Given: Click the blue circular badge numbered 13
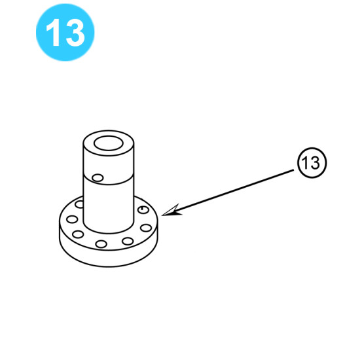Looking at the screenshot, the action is click(x=65, y=32).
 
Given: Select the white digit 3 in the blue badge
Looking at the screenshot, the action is click(x=75, y=32).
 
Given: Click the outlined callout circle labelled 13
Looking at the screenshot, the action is click(x=312, y=162).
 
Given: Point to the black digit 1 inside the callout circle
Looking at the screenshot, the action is click(x=305, y=162).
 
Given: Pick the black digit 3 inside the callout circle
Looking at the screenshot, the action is click(x=315, y=162).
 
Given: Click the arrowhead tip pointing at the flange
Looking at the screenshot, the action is click(x=162, y=215).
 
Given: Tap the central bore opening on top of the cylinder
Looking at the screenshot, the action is click(x=109, y=143).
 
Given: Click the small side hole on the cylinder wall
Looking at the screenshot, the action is click(x=98, y=177).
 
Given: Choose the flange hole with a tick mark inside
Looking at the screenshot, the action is click(x=143, y=209).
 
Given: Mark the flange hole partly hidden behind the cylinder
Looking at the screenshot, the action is click(x=80, y=204).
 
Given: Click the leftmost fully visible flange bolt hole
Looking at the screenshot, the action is click(x=72, y=219).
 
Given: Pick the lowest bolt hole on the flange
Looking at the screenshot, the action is click(x=101, y=243).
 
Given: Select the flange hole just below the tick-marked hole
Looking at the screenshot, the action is click(x=146, y=228).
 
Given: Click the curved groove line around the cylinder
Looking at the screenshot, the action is click(x=109, y=184).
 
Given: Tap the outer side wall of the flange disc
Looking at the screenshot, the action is click(x=109, y=259).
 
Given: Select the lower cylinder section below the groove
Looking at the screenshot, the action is click(x=109, y=207).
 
